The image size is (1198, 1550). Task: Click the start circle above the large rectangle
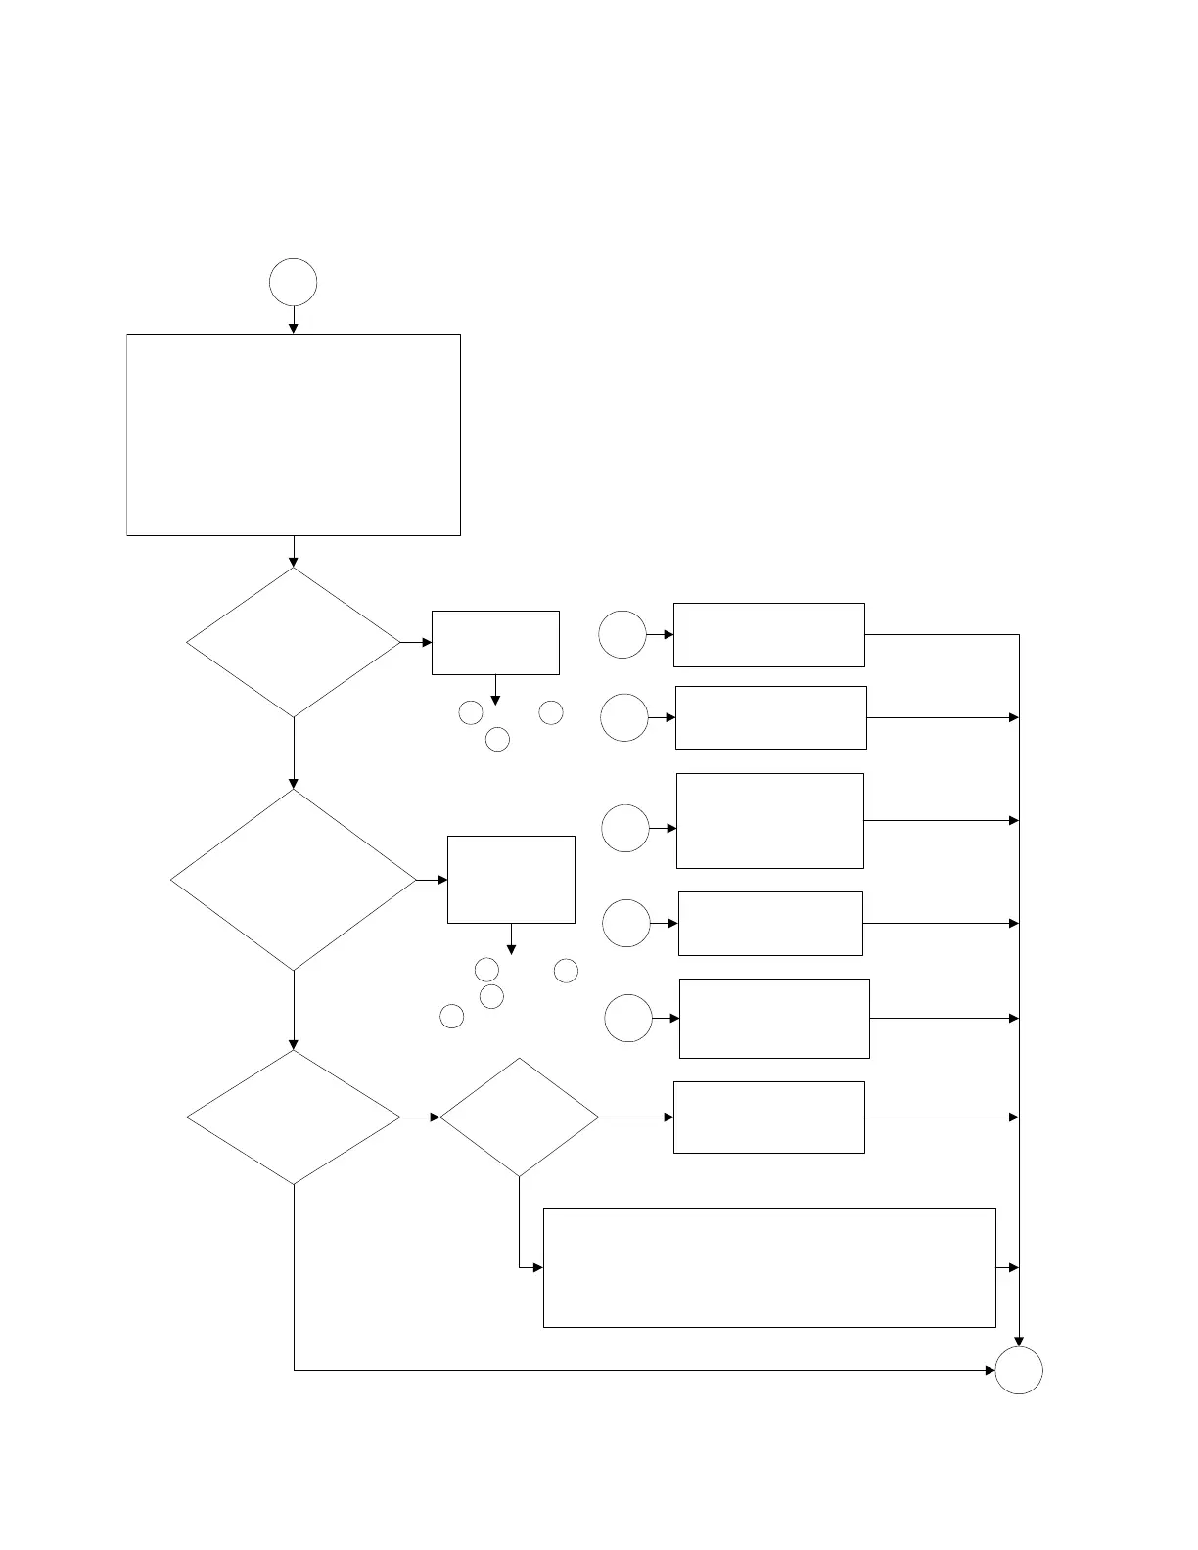point(294,282)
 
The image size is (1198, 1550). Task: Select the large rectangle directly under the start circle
point(294,434)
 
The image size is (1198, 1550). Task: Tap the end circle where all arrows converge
point(1019,1370)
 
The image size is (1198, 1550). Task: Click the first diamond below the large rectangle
point(294,643)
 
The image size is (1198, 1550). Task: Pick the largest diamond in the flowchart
point(294,880)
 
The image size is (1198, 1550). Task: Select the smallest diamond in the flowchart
point(519,1117)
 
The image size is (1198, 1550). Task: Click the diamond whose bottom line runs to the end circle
point(294,1117)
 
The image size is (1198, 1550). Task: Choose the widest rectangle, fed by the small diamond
point(769,1267)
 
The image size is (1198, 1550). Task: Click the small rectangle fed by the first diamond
point(495,643)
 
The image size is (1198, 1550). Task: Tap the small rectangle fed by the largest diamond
point(511,879)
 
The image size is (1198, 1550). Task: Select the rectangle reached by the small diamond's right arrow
point(769,1117)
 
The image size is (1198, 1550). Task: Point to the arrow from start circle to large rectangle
point(294,320)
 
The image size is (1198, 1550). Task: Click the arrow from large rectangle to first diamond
point(294,552)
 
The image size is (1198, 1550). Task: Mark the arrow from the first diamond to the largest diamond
point(294,753)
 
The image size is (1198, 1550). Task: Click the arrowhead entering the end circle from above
point(1019,1341)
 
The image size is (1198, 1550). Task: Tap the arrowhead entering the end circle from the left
point(989,1370)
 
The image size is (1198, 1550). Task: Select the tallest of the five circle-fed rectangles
point(770,820)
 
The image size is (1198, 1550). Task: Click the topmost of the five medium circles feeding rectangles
point(622,634)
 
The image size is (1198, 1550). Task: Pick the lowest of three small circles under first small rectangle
point(497,739)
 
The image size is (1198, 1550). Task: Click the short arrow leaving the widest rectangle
point(1007,1267)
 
